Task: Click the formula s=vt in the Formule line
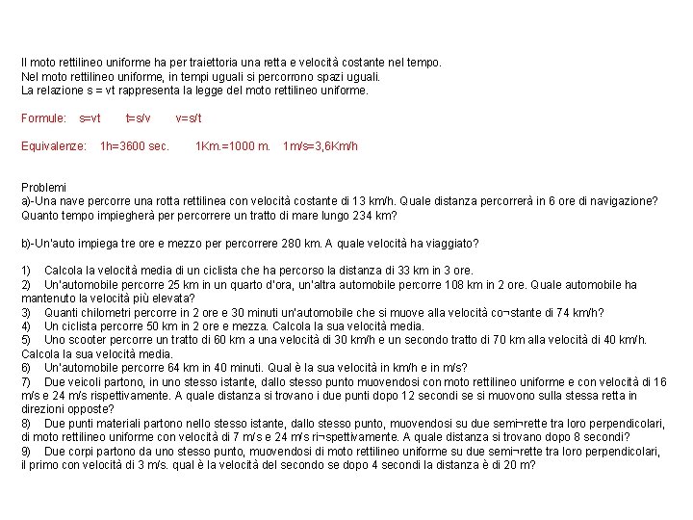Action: click(x=90, y=118)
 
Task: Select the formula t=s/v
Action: click(x=139, y=118)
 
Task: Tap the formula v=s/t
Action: click(x=189, y=118)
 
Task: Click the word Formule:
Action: click(x=43, y=118)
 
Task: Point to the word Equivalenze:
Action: click(x=54, y=146)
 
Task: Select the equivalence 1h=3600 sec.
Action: click(x=135, y=146)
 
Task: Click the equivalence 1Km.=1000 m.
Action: click(x=232, y=146)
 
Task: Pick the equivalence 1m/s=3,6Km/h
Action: click(x=321, y=146)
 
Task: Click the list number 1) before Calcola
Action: click(x=27, y=271)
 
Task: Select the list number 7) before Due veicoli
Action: click(x=27, y=381)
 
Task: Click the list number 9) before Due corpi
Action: click(x=27, y=451)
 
